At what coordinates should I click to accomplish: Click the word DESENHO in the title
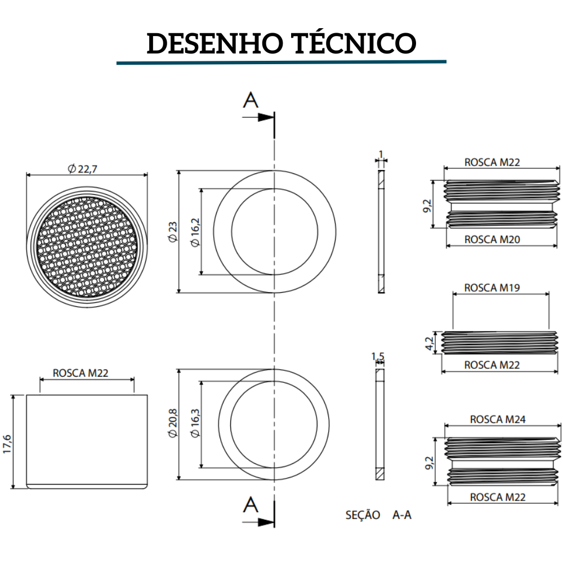coord(215,43)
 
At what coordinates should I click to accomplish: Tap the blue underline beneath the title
coord(281,62)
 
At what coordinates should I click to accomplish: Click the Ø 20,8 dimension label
coord(172,425)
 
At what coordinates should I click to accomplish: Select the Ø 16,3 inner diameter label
coord(195,425)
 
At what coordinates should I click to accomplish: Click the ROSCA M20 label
coord(491,239)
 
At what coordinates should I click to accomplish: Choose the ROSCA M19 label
coord(491,288)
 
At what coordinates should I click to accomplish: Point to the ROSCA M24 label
coord(497,419)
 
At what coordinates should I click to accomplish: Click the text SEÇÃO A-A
coord(378,515)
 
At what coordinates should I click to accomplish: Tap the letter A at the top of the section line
coord(251,101)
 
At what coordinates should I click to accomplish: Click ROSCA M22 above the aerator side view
coord(80,373)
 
